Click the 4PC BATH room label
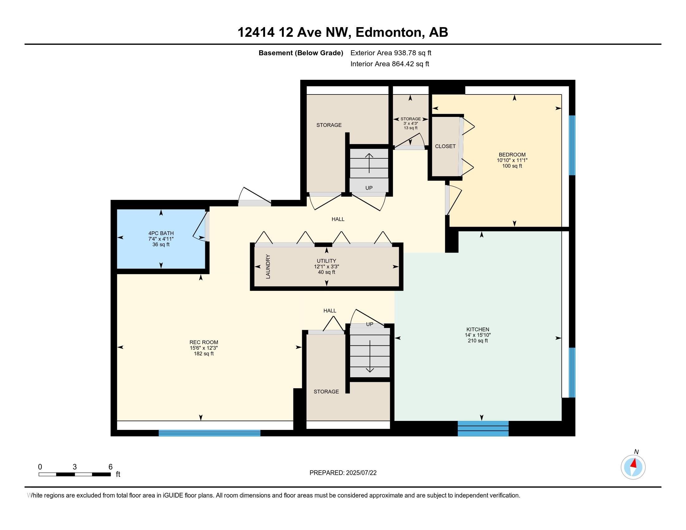point(161,233)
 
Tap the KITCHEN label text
point(477,329)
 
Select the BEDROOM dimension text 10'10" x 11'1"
point(512,160)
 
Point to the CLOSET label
point(445,146)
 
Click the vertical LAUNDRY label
point(268,267)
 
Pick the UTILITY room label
point(326,261)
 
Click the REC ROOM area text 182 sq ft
point(204,354)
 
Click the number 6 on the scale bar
point(110,467)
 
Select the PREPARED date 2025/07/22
point(361,473)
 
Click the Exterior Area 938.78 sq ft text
point(391,53)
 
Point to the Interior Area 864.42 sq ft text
point(390,64)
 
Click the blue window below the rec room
point(210,433)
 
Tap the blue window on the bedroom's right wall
point(572,145)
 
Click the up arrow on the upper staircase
point(369,163)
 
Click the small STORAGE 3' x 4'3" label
point(411,123)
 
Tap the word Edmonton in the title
point(388,32)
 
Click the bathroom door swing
point(200,227)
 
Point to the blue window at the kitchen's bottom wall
point(483,429)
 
